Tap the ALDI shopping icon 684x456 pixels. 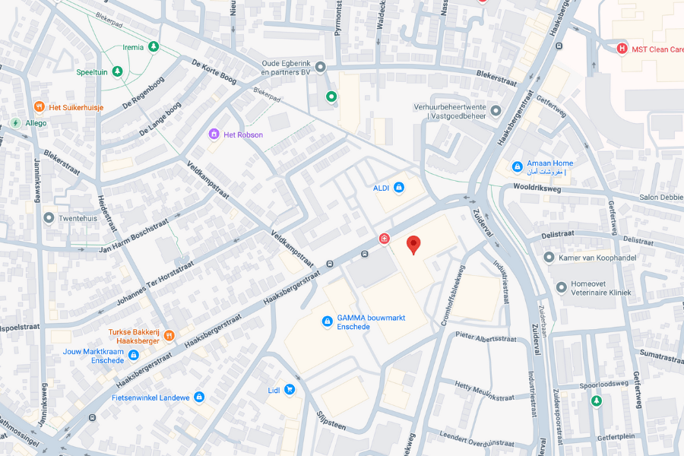click(x=399, y=188)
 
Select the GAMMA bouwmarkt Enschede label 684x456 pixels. click(x=353, y=321)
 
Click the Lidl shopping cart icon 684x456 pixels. click(x=289, y=389)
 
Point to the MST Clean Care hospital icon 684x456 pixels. click(x=622, y=49)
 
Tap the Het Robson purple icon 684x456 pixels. click(x=214, y=135)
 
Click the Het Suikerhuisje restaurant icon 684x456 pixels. click(x=40, y=107)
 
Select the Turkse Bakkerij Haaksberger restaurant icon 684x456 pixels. click(x=169, y=335)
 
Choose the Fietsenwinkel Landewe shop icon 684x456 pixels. click(x=199, y=397)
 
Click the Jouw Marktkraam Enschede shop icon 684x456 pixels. click(x=134, y=355)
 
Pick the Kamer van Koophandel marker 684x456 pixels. click(x=549, y=258)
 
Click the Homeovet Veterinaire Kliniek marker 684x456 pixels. click(x=561, y=287)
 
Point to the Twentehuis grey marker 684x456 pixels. click(x=49, y=218)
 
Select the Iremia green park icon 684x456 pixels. click(x=154, y=47)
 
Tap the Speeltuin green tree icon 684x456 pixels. click(x=117, y=71)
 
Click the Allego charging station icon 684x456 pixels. click(x=15, y=123)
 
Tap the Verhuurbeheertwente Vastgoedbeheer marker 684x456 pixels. click(x=496, y=111)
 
